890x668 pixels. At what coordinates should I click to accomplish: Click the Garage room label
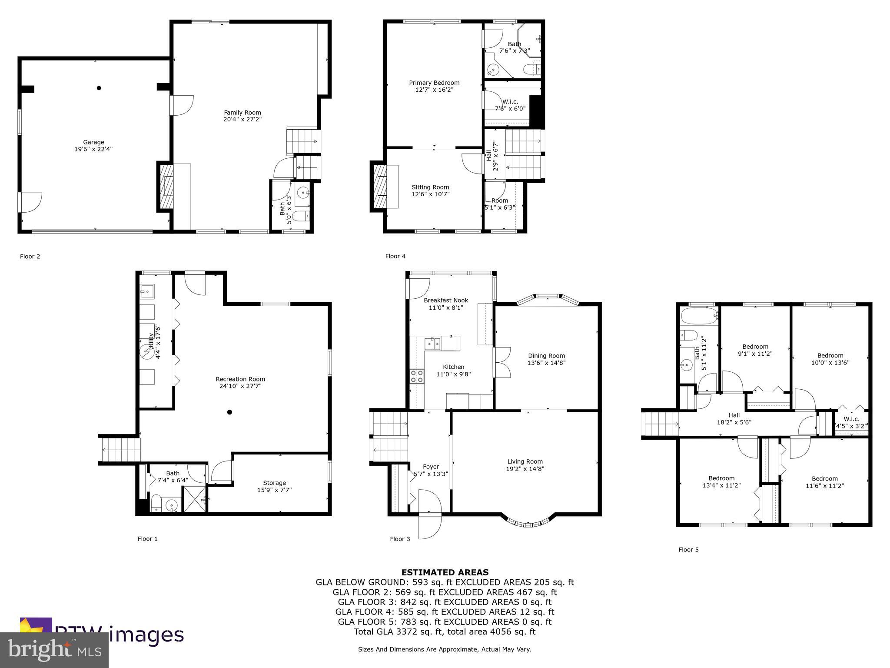pyautogui.click(x=94, y=142)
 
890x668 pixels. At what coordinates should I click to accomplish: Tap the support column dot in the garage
pyautogui.click(x=99, y=88)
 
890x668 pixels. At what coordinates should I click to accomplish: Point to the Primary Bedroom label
pyautogui.click(x=434, y=83)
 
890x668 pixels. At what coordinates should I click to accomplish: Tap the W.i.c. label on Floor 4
pyautogui.click(x=513, y=101)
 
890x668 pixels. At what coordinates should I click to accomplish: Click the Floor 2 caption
pyautogui.click(x=30, y=256)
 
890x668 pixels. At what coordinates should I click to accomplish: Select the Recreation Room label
pyautogui.click(x=240, y=379)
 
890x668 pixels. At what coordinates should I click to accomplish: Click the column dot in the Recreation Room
pyautogui.click(x=230, y=412)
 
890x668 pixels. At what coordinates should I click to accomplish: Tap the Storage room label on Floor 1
pyautogui.click(x=274, y=483)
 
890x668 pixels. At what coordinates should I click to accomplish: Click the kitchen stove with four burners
pyautogui.click(x=417, y=376)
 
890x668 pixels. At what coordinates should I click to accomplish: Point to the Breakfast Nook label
pyautogui.click(x=446, y=300)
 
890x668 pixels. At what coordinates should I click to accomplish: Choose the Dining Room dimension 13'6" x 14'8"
pyautogui.click(x=546, y=363)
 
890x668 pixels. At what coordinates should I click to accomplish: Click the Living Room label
pyautogui.click(x=525, y=461)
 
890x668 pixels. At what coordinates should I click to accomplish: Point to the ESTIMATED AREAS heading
pyautogui.click(x=445, y=572)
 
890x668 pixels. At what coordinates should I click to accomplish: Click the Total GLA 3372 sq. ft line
pyautogui.click(x=445, y=631)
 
